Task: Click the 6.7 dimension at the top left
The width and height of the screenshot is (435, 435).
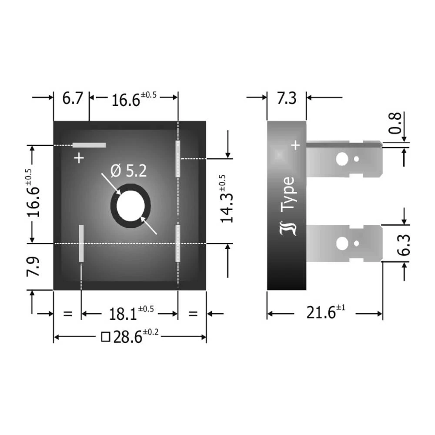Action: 72,98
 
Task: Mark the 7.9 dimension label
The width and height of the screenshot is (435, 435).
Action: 34,267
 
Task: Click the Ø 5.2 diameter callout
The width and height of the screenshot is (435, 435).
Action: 129,171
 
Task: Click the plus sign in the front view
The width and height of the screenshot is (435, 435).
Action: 79,158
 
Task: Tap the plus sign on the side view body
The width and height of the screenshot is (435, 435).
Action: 295,145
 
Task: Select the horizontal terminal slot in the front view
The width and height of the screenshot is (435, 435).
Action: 89,145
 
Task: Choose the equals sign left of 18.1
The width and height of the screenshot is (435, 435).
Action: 67,314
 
